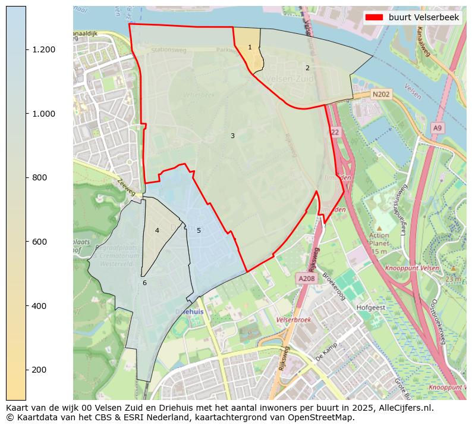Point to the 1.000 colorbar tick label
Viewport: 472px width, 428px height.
44,114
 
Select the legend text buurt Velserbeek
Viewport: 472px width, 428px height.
424,18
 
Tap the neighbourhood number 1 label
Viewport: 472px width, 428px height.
250,47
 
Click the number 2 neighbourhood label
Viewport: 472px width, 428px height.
307,68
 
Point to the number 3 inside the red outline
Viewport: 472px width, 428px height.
232,136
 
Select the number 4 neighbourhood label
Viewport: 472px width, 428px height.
157,230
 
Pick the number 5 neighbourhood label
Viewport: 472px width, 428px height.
199,230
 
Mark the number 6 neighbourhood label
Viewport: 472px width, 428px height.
144,283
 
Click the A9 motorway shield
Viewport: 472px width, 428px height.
438,128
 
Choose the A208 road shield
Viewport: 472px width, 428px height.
306,278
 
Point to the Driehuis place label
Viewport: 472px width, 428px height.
190,312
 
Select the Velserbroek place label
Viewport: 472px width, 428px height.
294,320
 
